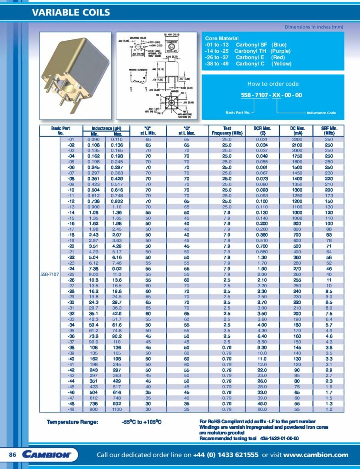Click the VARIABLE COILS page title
(x=71, y=12)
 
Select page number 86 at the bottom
(x=13, y=455)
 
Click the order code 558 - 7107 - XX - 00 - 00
(x=272, y=95)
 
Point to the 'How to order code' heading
(x=273, y=84)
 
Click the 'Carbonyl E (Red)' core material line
(x=247, y=58)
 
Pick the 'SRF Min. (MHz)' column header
(x=336, y=131)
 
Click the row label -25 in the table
(x=71, y=274)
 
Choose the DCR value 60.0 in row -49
(x=263, y=409)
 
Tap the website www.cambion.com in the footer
(x=316, y=455)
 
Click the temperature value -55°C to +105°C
(x=139, y=421)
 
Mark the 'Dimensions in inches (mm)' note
(x=314, y=27)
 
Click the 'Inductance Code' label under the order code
(x=321, y=113)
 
